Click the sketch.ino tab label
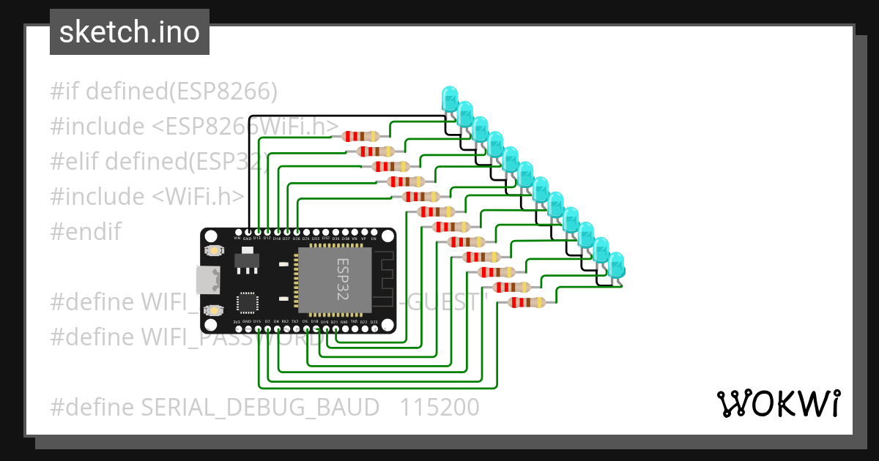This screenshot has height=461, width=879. [129, 32]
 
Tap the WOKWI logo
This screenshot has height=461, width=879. [778, 403]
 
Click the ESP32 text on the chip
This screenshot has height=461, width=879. [342, 279]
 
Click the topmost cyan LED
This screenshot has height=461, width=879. [449, 98]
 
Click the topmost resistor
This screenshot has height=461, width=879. [360, 136]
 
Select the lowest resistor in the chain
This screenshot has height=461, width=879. [526, 302]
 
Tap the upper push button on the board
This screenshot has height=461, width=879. [215, 251]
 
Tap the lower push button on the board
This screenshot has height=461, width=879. [215, 310]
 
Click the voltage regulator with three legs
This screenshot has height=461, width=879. [245, 261]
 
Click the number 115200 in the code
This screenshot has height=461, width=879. [439, 407]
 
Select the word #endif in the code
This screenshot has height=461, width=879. [86, 232]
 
